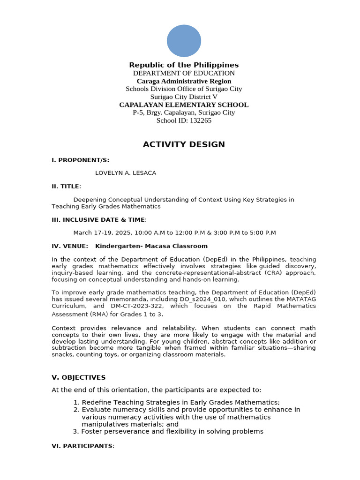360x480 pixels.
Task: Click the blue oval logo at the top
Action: coord(184,41)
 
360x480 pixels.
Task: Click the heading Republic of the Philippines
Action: coord(184,65)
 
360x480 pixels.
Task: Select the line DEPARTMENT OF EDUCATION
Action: coord(184,73)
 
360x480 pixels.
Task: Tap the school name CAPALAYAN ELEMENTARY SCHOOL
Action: coord(184,105)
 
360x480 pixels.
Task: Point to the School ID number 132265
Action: coord(200,120)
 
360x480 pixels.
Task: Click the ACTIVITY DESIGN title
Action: coord(184,144)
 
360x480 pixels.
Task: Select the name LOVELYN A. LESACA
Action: coord(126,173)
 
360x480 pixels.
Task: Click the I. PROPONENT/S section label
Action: coord(80,160)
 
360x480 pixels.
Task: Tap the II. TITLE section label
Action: coord(66,186)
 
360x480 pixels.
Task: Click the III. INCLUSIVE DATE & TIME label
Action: coord(99,219)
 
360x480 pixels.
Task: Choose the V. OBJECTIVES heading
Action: coord(78,377)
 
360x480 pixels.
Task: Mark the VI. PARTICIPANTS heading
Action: coord(82,446)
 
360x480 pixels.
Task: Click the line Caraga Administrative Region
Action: coord(184,81)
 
